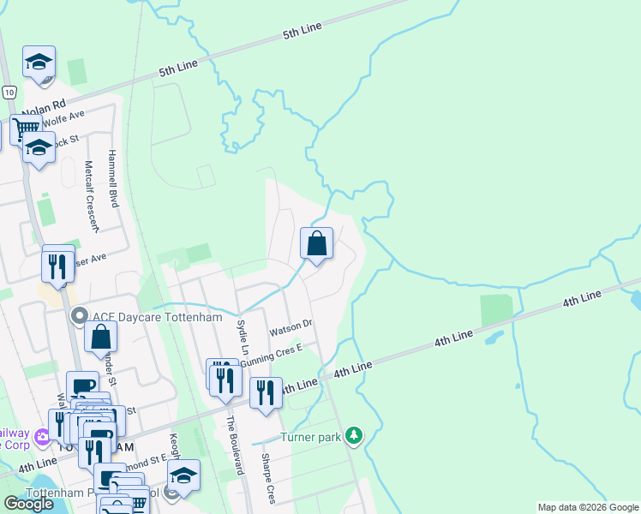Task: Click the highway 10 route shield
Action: tap(9, 92)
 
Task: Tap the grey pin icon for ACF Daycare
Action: tap(80, 317)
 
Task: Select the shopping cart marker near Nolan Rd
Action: tap(24, 128)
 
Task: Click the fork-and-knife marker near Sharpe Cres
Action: tap(266, 392)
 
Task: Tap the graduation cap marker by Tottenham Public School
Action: tap(183, 475)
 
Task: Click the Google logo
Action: tap(29, 504)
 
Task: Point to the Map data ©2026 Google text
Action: tap(588, 507)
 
